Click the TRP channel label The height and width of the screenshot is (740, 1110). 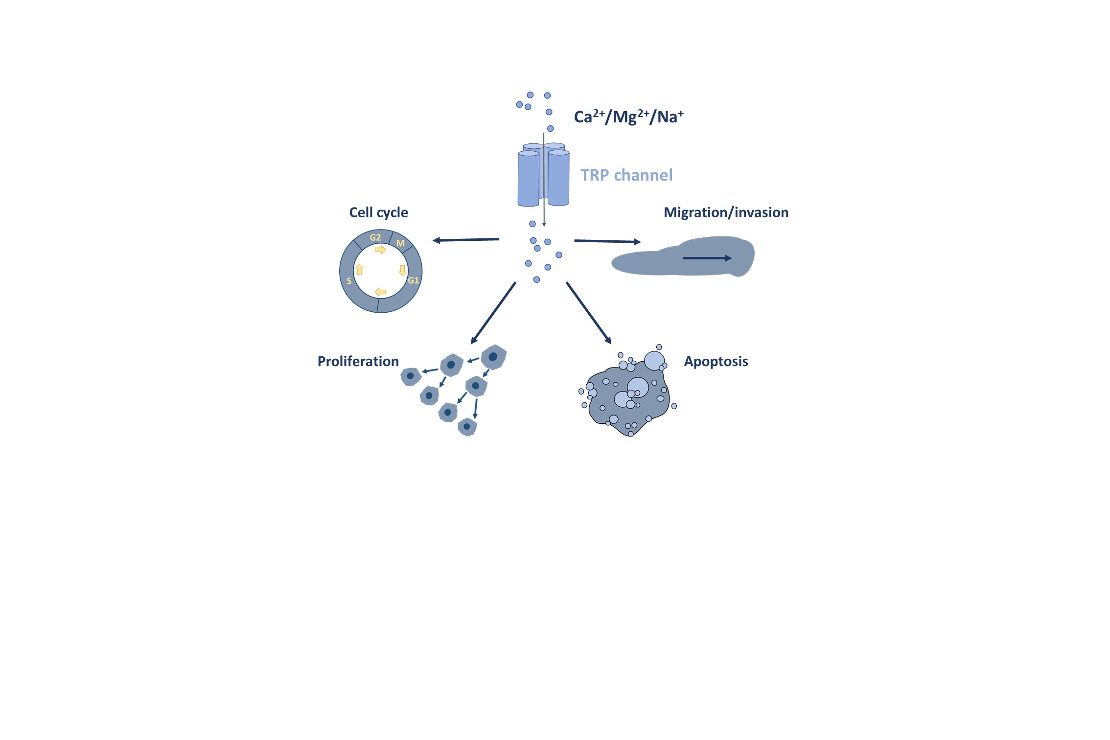coord(626,175)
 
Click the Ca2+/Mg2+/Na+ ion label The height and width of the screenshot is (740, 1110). coord(628,117)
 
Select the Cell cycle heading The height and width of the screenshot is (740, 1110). coord(378,212)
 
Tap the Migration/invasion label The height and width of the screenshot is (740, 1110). coord(726,212)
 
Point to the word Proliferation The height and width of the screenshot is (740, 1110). coord(358,362)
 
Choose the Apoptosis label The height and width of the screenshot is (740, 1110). coord(716,362)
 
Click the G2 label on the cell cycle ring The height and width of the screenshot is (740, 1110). coord(375,237)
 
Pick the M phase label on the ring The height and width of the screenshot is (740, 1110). coord(400,243)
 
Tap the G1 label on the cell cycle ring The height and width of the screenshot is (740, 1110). coord(414,280)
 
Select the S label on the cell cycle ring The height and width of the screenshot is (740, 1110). coord(349,281)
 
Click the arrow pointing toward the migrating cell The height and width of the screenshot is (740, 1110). coord(607,241)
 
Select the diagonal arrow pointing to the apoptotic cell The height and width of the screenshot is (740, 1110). coord(589,313)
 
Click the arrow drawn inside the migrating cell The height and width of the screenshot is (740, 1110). coord(707,258)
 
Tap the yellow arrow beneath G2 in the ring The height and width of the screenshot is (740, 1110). coord(380,250)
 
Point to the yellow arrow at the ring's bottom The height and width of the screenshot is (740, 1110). coord(380,292)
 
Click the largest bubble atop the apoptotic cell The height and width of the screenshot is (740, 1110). coord(654,361)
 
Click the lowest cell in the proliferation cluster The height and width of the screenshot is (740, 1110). coord(467,427)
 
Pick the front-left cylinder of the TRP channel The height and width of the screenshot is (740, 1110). coord(529,179)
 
